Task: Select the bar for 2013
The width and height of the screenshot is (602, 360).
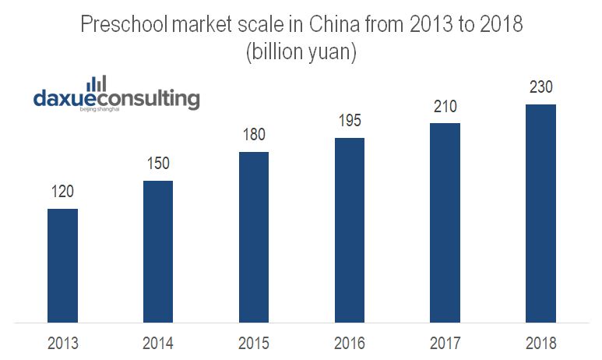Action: coord(62,265)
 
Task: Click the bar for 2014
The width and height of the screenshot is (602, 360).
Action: coord(158,251)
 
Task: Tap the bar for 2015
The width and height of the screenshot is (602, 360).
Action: coord(254,236)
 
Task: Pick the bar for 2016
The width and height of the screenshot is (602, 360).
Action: coord(350,229)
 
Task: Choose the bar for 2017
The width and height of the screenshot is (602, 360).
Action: coord(445,222)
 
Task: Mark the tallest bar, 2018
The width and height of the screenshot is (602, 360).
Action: coord(540,213)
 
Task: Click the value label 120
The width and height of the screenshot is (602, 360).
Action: coord(62,192)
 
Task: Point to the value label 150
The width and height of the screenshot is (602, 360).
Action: coord(158,164)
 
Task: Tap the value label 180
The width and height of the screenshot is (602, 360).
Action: coord(254,135)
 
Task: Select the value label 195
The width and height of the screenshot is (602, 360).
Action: coord(350,121)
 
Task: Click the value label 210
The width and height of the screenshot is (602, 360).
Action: coord(445,106)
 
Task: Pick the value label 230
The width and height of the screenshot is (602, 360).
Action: coord(540,87)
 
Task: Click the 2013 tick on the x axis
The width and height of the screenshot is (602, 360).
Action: coord(62,343)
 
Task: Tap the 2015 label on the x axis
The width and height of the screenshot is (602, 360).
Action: coord(254,343)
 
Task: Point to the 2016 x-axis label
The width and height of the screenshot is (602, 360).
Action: coord(350,343)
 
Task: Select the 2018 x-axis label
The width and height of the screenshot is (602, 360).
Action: coord(540,343)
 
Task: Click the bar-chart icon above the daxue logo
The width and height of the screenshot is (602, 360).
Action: coord(97,83)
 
